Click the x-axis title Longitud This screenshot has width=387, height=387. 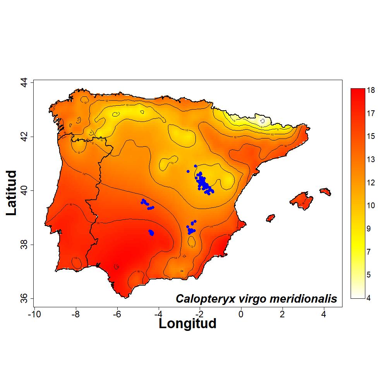coord(187,323)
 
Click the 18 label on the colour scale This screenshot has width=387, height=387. coord(371,90)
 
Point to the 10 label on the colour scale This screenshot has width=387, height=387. coord(371,205)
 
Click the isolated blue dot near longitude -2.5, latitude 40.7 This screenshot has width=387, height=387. coord(188,171)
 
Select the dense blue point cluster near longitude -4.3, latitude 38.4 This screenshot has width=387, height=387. coord(151,233)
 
